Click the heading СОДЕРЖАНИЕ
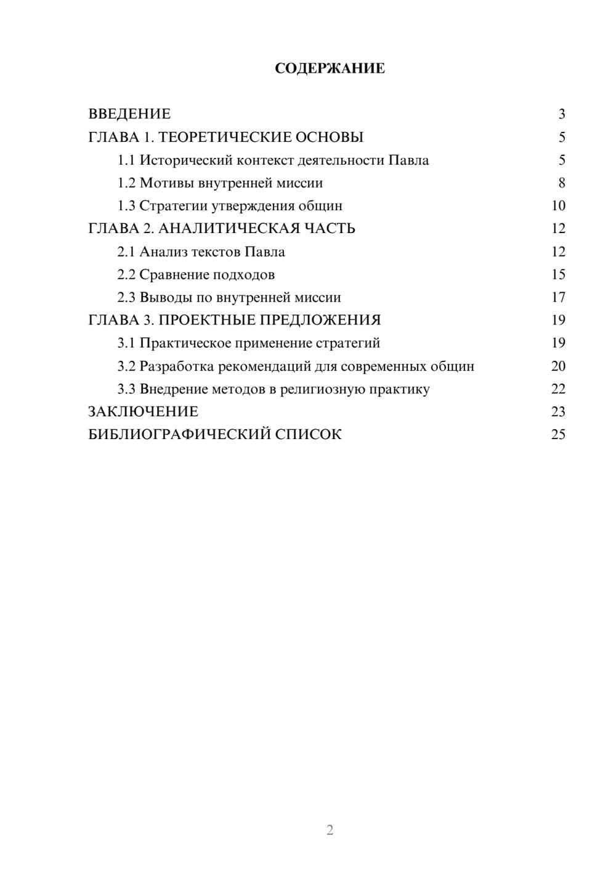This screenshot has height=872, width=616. (x=330, y=68)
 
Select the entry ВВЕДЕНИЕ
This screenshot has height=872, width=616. (x=129, y=114)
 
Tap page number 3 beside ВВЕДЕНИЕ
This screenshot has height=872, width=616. (x=561, y=114)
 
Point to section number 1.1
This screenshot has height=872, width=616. (x=126, y=160)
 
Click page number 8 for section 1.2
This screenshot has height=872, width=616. (x=561, y=183)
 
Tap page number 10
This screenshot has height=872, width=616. (x=558, y=206)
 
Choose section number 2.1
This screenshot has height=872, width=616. (x=126, y=252)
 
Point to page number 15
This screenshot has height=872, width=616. (x=558, y=274)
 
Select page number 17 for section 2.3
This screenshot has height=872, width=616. (x=558, y=297)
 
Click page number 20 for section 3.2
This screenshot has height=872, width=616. (x=558, y=366)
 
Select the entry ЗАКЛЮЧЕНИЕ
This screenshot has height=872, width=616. (x=143, y=412)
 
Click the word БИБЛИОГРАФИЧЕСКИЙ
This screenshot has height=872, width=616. (x=179, y=435)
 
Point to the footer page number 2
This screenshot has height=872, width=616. (x=330, y=830)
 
